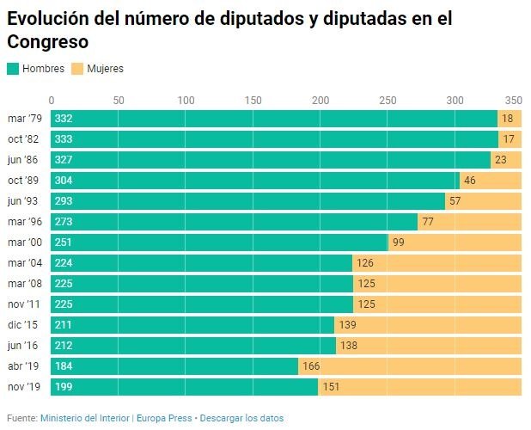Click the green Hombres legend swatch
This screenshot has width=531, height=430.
coord(13,68)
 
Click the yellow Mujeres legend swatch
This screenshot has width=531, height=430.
coord(76,68)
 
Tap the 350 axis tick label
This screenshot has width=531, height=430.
coord(513,99)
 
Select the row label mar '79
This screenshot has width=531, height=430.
coord(24,119)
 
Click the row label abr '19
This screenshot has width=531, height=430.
coord(24,366)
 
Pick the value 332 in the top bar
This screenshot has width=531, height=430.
coord(63,119)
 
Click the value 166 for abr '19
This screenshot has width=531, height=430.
coord(311,366)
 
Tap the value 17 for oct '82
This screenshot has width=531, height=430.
coord(508,139)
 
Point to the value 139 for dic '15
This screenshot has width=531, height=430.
coord(348,325)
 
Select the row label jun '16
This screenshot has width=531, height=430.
coord(24,346)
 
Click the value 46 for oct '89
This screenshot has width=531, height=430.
coord(469,181)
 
